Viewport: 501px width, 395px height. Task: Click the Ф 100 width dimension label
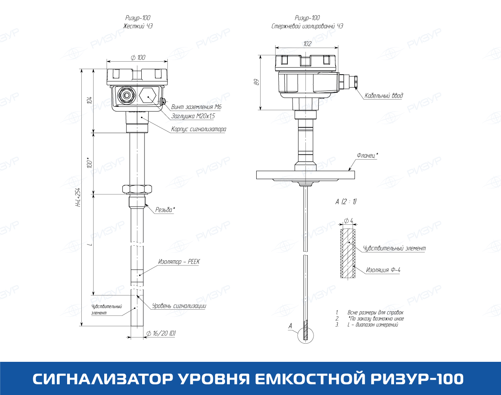point(138,57)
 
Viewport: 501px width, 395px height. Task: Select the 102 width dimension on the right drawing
point(307,44)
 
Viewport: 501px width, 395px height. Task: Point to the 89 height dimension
point(256,82)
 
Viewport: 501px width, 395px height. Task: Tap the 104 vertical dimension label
point(89,100)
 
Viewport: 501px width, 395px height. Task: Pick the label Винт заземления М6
point(196,107)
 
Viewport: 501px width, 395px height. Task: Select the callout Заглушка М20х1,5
point(193,116)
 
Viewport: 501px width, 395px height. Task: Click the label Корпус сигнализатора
point(199,129)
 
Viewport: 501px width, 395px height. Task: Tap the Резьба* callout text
point(165,210)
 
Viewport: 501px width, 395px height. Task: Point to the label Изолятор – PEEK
point(179,261)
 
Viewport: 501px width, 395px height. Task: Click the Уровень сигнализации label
point(179,306)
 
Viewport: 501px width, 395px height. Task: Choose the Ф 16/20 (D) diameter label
point(161,333)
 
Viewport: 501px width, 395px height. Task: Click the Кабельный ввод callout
point(384,96)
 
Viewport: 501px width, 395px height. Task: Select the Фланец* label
point(368,155)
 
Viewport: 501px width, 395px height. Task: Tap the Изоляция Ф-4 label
point(383,270)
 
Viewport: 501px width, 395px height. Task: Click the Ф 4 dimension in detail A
point(349,220)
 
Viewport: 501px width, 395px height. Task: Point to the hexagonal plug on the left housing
point(148,95)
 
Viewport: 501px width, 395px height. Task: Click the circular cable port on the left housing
point(126,95)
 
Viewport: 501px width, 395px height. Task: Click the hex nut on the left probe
point(137,189)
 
